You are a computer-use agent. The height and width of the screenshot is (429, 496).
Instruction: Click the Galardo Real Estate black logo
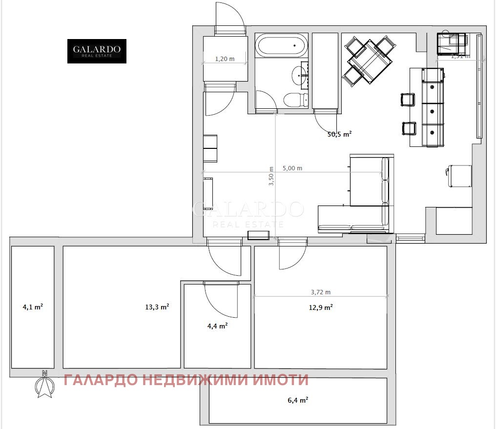click(x=97, y=51)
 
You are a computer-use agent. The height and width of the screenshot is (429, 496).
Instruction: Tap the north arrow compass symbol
click(x=44, y=385)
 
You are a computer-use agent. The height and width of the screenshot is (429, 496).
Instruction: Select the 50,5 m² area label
click(x=340, y=134)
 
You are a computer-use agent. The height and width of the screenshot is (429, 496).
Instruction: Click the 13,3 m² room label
click(x=157, y=307)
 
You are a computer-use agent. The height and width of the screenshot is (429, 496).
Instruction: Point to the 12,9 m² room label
click(x=321, y=307)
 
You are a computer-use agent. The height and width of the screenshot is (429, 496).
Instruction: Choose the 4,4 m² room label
click(x=217, y=326)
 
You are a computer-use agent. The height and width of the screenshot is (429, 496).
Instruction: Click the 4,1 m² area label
click(x=32, y=307)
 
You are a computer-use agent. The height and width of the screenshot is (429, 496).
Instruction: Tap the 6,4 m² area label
click(x=298, y=400)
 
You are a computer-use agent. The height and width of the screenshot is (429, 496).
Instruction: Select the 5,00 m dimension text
click(x=292, y=168)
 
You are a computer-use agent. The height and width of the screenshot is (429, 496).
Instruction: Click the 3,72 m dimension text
click(x=321, y=292)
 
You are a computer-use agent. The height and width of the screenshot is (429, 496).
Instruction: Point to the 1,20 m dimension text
click(x=225, y=59)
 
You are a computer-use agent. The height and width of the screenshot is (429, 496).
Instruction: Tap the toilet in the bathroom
click(x=294, y=100)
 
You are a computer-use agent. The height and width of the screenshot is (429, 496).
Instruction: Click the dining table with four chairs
click(x=369, y=61)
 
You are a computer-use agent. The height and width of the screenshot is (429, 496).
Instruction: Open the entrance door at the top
click(x=229, y=20)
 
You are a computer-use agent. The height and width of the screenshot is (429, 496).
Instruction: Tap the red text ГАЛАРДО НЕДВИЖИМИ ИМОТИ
click(x=186, y=380)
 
